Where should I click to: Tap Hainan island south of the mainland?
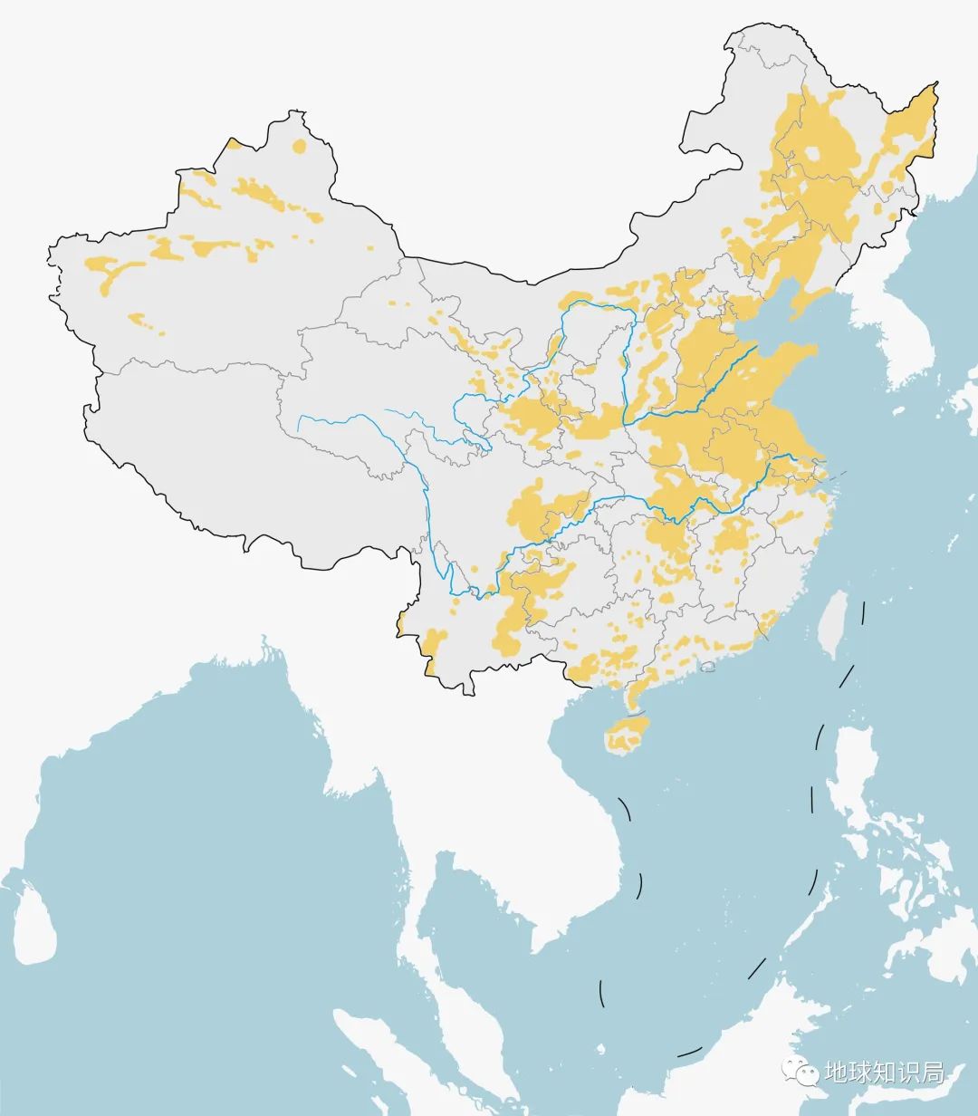[628, 735]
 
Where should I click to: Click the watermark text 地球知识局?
[884, 1073]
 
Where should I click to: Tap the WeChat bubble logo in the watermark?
[799, 1073]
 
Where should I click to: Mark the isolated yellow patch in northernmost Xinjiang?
[299, 145]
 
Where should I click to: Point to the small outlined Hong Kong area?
[709, 667]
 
